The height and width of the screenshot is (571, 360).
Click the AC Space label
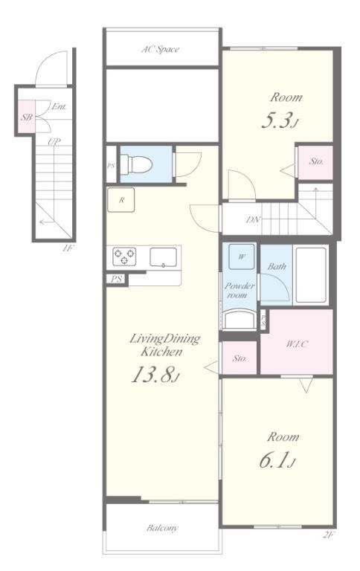coord(160,49)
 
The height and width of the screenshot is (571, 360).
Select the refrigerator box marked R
coord(121,200)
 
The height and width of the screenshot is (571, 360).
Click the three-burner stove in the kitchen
coord(124,257)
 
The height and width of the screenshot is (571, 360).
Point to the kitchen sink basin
coord(163,257)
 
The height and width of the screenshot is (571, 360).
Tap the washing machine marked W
coord(242,257)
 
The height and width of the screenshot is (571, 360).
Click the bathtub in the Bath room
coord(311,275)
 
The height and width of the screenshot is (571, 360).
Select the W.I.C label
coord(297,343)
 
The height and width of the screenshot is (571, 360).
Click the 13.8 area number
coord(155,375)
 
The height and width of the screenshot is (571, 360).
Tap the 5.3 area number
coord(280,120)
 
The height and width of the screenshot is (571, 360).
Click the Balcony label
coord(162,528)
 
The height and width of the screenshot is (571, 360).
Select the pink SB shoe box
coord(27,117)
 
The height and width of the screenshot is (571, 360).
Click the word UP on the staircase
coord(54,142)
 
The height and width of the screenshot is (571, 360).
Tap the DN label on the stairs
coord(253,219)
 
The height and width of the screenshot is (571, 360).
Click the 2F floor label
coord(328,535)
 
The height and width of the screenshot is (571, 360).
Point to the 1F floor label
coord(68,249)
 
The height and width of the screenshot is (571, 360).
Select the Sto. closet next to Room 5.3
coord(315,162)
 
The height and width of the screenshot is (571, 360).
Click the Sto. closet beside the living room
coord(240,358)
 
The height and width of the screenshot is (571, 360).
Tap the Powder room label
coord(239,290)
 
